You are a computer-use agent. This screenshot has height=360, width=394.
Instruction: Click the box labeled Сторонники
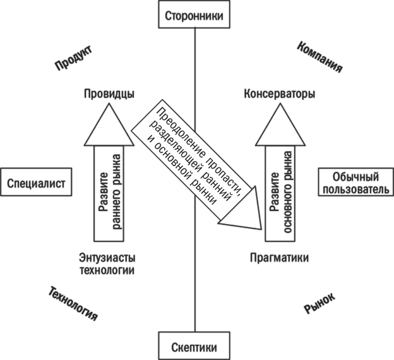pos(194,16)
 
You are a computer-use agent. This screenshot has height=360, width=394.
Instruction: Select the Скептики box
pos(194,347)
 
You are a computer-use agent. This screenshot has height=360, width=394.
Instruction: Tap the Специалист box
pos(36,184)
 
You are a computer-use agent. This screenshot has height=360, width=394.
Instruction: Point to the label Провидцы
pos(109,94)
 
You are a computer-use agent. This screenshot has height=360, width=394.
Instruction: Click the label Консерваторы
pos(280,94)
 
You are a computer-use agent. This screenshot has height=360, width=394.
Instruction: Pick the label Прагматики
pos(279,258)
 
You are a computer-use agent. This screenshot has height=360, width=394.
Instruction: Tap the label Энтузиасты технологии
pos(107,263)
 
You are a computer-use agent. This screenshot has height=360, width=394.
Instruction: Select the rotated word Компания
pos(319,57)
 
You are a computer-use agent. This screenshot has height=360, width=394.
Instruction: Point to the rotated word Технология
pos(73,303)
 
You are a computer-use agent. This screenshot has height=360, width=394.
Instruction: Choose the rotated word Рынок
pos(319,303)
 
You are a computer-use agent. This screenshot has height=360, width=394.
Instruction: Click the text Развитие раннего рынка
pos(109,192)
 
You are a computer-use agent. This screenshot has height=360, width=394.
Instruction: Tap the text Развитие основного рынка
pos(280,192)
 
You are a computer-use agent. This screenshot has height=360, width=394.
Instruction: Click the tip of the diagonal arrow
pos(260,228)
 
